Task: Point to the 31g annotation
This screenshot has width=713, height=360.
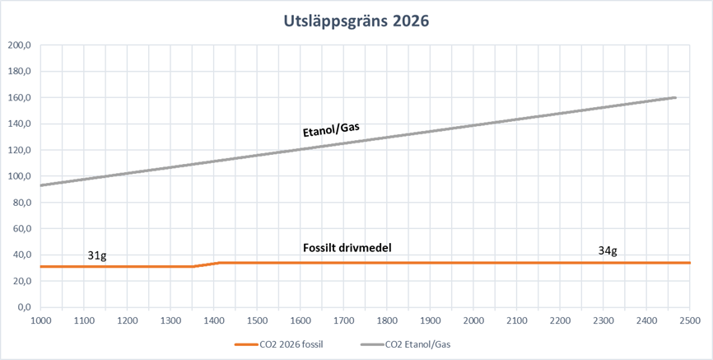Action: (x=97, y=255)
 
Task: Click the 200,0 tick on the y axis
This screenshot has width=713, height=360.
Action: (x=18, y=45)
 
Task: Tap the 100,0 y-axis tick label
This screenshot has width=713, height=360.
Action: (x=18, y=176)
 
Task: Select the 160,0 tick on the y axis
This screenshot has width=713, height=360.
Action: (x=18, y=98)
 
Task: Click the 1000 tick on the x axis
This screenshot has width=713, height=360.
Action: (x=40, y=320)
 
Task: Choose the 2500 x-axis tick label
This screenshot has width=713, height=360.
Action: (x=689, y=320)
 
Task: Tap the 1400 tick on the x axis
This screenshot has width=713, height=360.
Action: (x=213, y=320)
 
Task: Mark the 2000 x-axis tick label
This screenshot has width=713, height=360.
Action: (x=473, y=320)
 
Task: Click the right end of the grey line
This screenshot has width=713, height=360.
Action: (x=676, y=97)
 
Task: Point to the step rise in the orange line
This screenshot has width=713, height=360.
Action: (x=207, y=264)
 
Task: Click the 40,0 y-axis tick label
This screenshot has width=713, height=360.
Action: (x=20, y=255)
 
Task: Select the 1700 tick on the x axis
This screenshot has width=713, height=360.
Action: (x=343, y=320)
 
